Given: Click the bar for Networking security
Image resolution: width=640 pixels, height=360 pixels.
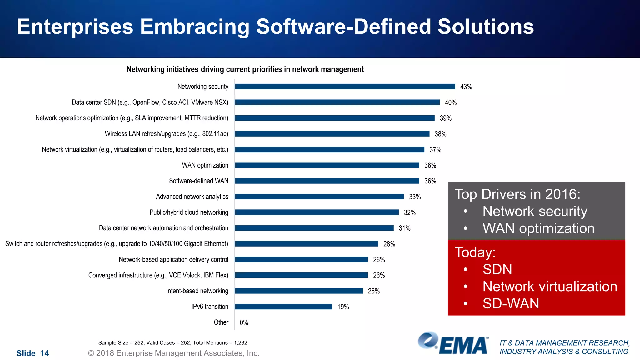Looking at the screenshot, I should click(345, 87).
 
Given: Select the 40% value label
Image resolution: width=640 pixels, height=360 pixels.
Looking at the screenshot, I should click(451, 102).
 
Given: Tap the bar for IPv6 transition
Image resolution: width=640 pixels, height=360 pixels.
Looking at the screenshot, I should click(283, 307).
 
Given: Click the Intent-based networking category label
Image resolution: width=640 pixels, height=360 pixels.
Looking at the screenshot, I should click(197, 291).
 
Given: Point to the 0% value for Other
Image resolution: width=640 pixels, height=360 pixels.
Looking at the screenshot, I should click(244, 322).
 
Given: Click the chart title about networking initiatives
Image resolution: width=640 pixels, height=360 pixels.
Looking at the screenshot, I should click(245, 69).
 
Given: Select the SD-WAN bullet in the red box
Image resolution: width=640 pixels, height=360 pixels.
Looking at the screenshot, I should click(511, 303).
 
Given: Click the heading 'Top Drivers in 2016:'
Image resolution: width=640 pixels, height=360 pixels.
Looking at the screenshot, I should click(517, 194).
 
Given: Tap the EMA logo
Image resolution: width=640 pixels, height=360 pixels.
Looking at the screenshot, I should click(453, 343).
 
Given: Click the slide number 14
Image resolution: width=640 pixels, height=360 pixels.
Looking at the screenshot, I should click(32, 353).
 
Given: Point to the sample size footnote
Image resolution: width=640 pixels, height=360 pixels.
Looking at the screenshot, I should click(172, 343).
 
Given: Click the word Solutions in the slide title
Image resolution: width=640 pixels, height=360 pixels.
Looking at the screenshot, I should click(485, 27).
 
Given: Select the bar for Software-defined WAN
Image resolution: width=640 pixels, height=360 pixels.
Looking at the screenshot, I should click(327, 181).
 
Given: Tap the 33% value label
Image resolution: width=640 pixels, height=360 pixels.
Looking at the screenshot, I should click(415, 197).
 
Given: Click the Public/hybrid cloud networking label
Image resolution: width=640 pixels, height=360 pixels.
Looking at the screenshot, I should click(189, 212).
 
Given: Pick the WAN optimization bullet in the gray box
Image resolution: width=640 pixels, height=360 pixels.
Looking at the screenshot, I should click(538, 228).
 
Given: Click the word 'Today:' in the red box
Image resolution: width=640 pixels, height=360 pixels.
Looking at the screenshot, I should click(475, 252).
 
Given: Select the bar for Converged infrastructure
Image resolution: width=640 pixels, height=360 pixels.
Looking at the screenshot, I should click(301, 275).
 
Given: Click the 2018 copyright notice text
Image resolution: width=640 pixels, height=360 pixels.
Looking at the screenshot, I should click(174, 353).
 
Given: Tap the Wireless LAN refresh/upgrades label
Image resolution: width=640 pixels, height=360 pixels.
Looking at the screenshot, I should click(166, 134).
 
